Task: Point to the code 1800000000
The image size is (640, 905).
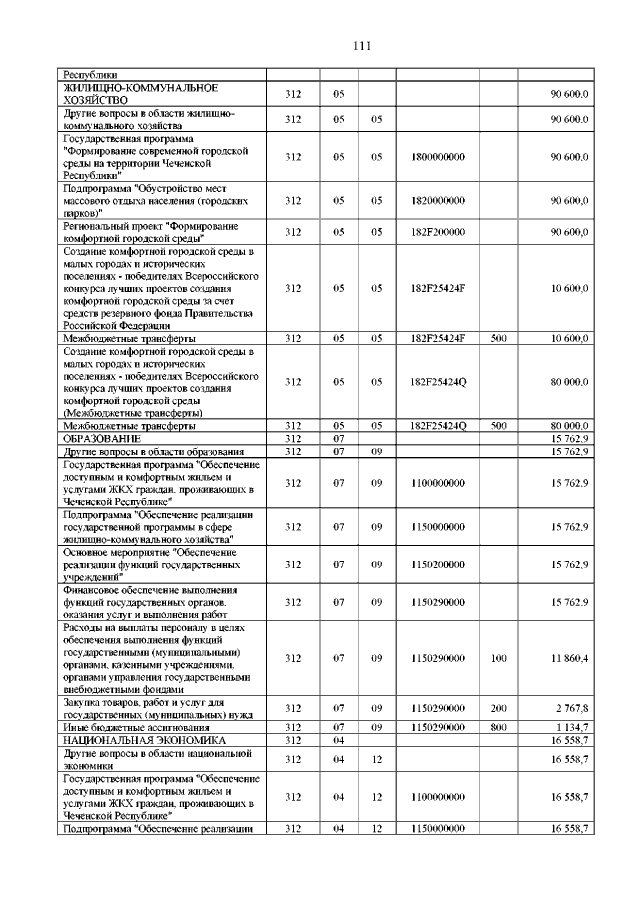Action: click(x=438, y=157)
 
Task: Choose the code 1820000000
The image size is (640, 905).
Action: click(x=438, y=201)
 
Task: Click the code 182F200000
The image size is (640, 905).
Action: click(x=438, y=232)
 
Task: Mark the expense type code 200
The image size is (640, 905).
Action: click(x=499, y=708)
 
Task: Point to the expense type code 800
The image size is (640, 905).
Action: click(x=499, y=726)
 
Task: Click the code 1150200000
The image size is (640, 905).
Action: click(x=438, y=564)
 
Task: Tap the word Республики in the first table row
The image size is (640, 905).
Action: click(x=91, y=74)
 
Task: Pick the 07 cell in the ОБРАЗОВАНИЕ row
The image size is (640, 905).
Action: click(x=338, y=439)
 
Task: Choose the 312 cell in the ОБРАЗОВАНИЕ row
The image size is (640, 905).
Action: click(x=293, y=439)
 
